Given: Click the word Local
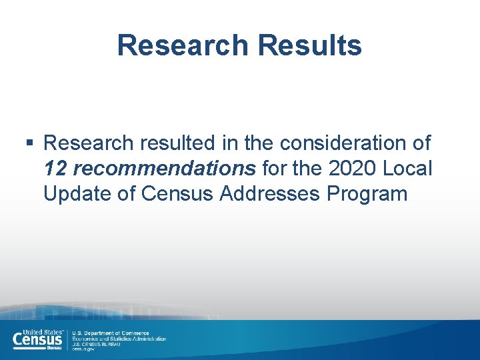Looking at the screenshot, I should pyautogui.click(x=408, y=169).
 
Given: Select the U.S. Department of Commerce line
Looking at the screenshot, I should pyautogui.click(x=111, y=333).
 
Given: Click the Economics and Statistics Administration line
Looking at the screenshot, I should pyautogui.click(x=119, y=339).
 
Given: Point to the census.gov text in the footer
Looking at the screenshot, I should pyautogui.click(x=83, y=349).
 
